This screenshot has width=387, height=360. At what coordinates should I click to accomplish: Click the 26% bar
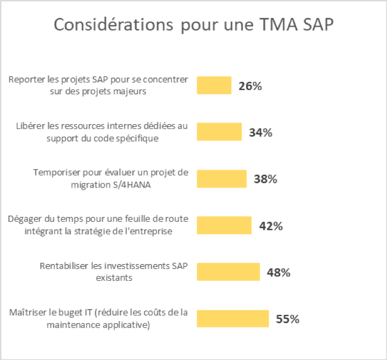214,85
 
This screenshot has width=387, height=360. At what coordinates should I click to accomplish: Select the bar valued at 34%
219,132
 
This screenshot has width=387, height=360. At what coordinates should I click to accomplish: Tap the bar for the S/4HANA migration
221,179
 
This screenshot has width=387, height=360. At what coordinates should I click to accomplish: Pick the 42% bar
224,226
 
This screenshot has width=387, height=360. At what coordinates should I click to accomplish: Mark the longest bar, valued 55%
233,319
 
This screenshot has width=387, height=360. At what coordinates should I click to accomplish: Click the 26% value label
250,86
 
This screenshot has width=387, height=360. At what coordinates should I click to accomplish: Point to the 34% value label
260,132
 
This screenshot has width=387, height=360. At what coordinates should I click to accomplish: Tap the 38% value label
265,179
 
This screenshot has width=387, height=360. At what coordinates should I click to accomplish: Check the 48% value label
278,272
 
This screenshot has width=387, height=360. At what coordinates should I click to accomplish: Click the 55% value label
287,319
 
